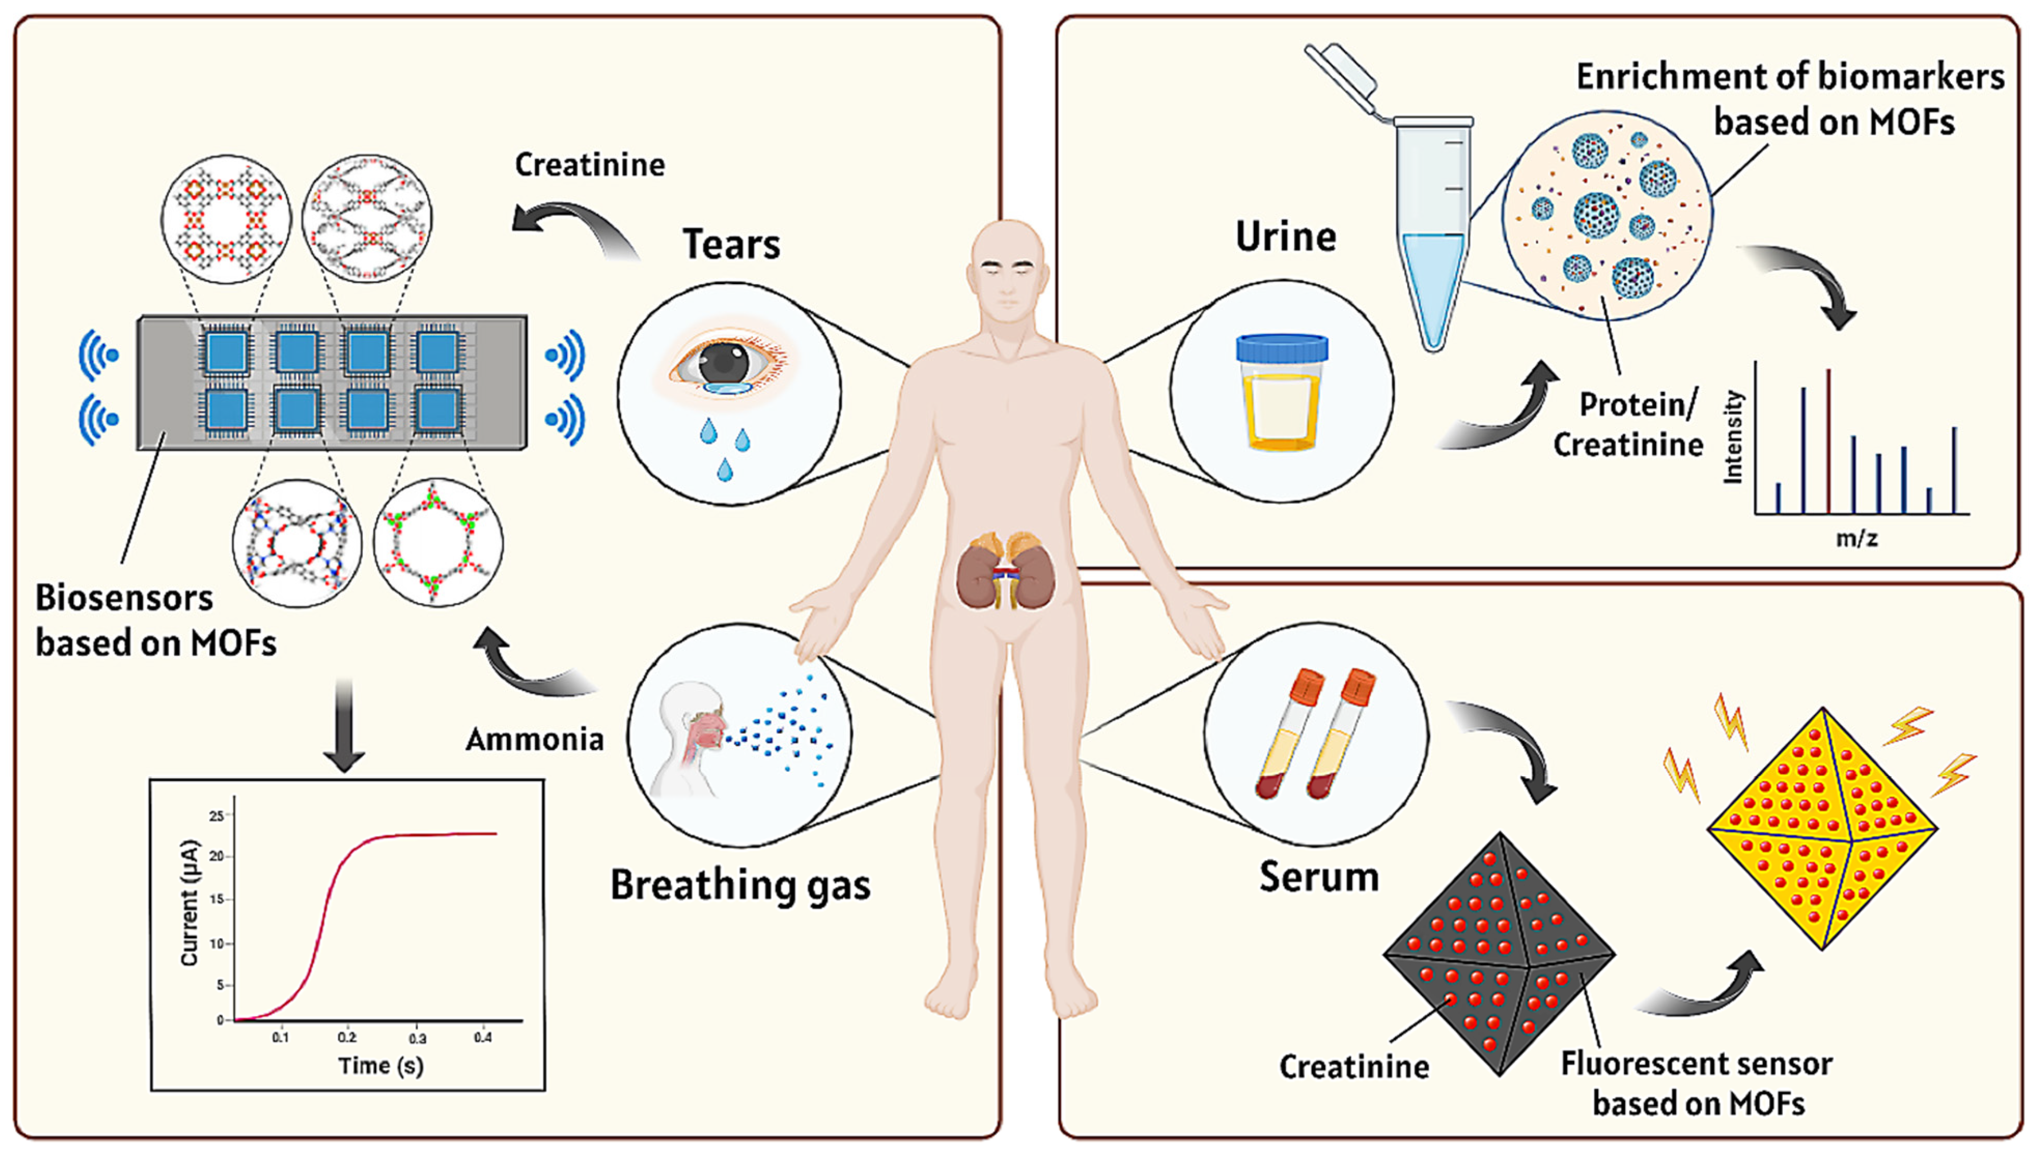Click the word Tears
731,244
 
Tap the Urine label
1285,237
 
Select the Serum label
1319,877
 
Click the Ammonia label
534,740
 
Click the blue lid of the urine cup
1281,348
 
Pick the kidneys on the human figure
1006,572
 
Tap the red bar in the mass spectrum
1829,441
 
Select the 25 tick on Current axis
215,815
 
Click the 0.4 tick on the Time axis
482,1038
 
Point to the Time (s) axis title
381,1066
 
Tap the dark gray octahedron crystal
1499,954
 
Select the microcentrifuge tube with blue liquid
1433,238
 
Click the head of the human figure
1007,270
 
